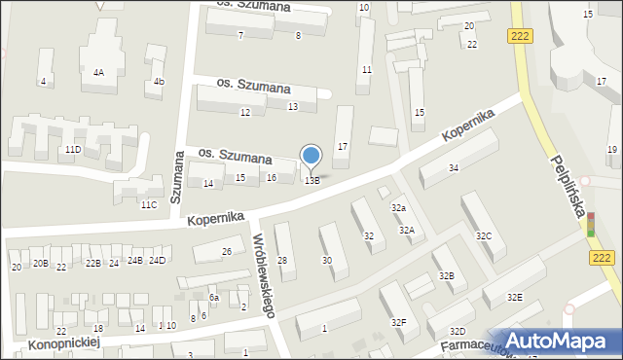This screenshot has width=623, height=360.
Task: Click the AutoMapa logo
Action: coord(557,341)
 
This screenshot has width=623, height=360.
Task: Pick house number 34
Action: coord(454,169)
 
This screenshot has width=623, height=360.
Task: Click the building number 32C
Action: coord(483,236)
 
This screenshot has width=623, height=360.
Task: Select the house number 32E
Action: coord(513,297)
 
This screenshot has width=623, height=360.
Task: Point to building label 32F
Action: coord(398,322)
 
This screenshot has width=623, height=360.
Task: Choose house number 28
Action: coord(282,261)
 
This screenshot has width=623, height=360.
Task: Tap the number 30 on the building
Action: coord(327,260)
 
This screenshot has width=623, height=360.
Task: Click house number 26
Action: coord(226,252)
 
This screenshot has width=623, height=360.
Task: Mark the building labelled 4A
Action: coord(98,72)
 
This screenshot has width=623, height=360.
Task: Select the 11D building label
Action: coord(73,150)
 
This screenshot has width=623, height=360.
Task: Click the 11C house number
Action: coord(148,204)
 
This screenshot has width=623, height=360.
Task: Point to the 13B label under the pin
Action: coord(311,181)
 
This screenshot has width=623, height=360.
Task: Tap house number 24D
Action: coord(157,260)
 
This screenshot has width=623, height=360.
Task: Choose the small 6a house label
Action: coord(214,298)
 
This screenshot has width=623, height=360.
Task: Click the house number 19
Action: coord(611,149)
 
